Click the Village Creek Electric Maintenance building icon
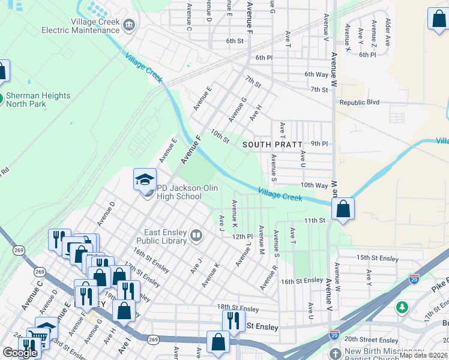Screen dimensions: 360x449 (x=128, y=25)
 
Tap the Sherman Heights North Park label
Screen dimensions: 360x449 (x=38, y=100)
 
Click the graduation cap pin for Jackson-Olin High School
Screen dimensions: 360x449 (x=145, y=179)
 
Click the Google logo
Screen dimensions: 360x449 (x=20, y=353)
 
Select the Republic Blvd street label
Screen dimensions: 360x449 (x=360, y=103)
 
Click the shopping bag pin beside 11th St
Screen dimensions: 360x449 (x=343, y=209)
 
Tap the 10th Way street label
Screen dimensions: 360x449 (x=315, y=185)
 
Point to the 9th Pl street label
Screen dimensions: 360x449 (x=319, y=143)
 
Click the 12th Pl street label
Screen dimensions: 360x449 (x=242, y=236)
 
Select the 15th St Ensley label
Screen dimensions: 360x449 (x=378, y=258)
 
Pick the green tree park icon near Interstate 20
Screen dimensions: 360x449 (x=402, y=307)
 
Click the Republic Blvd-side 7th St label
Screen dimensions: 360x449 (x=319, y=89)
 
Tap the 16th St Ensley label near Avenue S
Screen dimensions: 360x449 (x=302, y=281)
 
